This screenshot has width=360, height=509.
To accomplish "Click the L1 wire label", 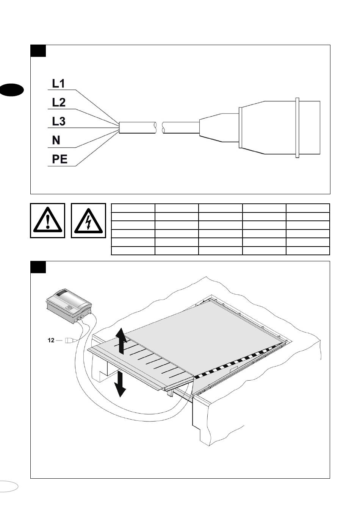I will coord(58,84).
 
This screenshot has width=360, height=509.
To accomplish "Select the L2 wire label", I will coord(58,102).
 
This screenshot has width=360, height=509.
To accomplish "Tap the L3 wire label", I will coord(58,121).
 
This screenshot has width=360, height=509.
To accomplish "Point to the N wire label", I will coord(56,141).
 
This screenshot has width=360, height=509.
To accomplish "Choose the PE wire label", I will coord(59,159).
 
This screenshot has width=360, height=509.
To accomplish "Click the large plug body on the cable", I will coord(279,127).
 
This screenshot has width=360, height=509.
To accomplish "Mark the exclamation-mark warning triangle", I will coord(47,221).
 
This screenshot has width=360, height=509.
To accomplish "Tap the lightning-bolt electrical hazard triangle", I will coord(88,221).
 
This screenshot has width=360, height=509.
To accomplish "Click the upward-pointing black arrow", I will coord(121,340).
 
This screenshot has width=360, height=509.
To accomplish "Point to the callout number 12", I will coord(51,340).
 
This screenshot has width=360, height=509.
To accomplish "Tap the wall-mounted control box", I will coord(68,303).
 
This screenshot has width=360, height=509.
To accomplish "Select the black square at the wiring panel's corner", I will coord(38,51).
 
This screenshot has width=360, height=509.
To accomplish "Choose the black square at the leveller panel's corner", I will coord(38,267).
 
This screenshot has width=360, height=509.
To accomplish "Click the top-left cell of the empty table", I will coord(133,208).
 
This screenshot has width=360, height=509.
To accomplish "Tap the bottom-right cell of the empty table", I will coord(308,251).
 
